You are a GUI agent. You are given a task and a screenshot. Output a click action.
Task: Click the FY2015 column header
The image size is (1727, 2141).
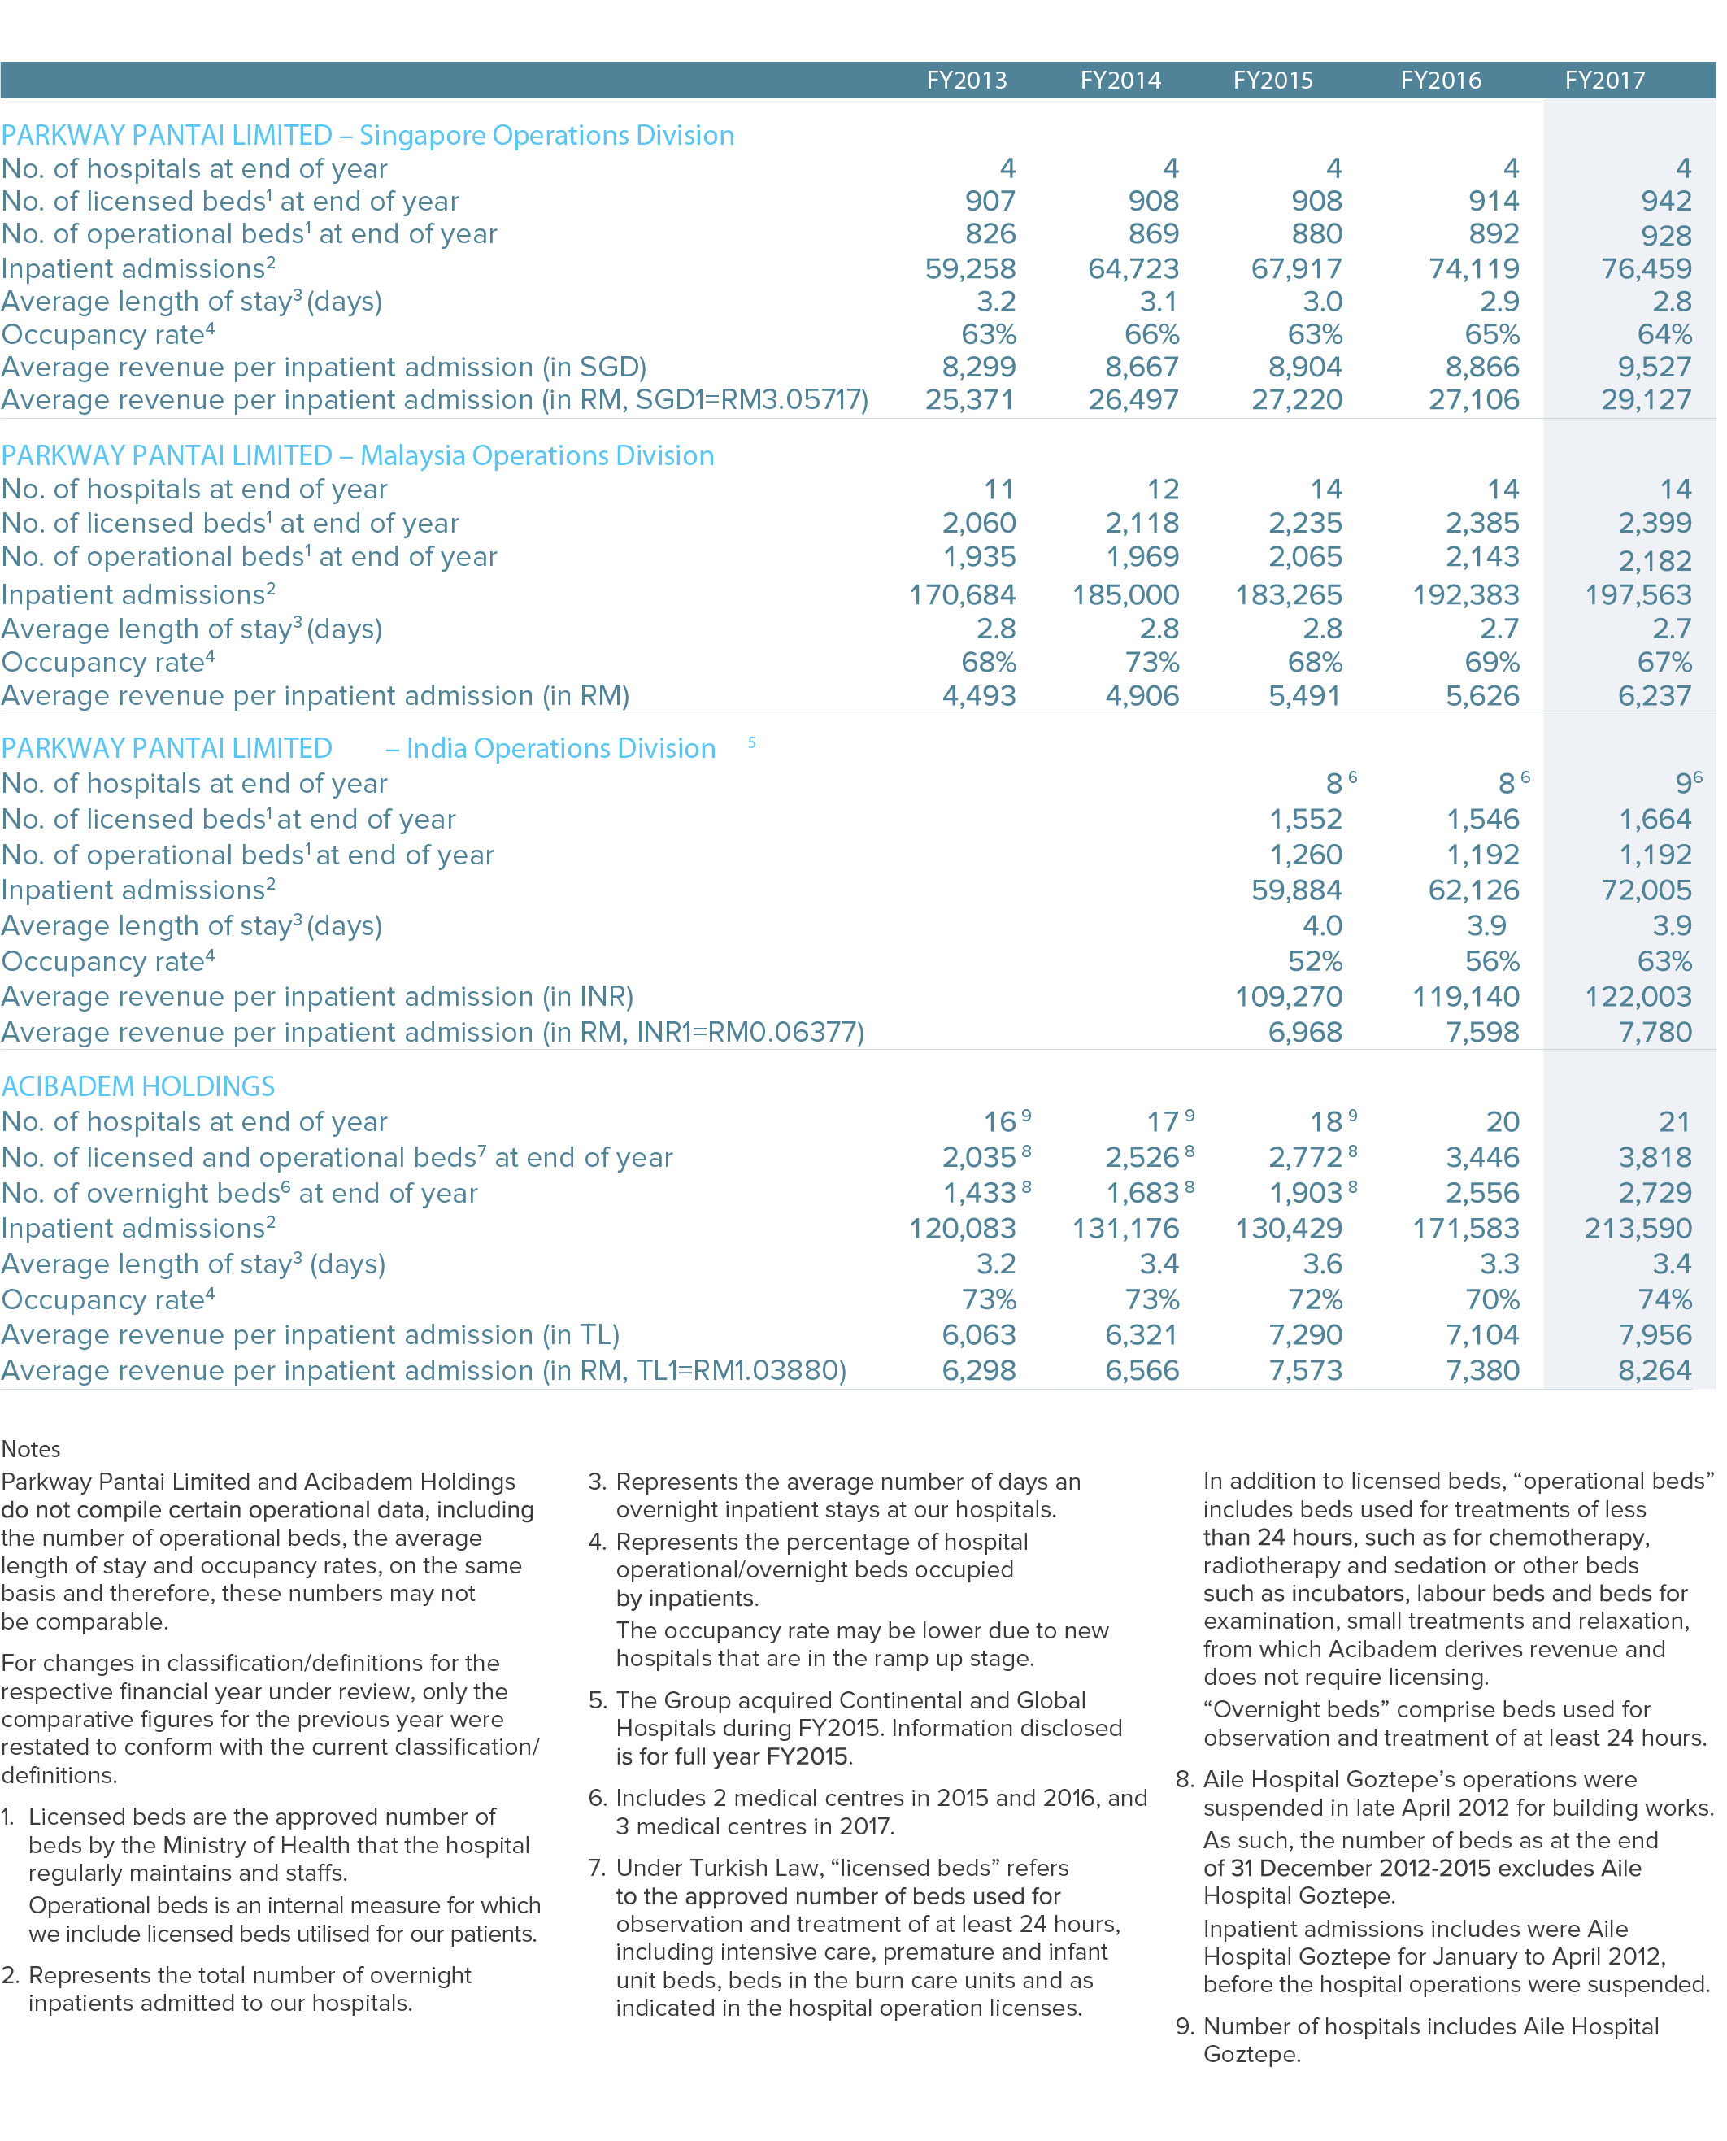pos(1272,81)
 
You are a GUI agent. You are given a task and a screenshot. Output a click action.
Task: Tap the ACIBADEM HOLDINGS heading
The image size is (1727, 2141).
pos(138,1086)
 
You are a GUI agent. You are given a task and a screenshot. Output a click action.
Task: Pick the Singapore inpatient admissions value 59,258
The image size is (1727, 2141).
pos(970,268)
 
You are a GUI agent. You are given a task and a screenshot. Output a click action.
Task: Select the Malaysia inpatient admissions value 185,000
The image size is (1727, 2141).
pos(1125,595)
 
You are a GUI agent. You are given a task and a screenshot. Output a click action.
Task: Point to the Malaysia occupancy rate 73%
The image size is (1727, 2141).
pos(1152,662)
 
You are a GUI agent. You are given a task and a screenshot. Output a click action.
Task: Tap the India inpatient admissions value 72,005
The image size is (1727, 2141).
pos(1646,890)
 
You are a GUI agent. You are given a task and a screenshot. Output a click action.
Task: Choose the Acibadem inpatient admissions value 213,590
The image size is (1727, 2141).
pos(1638,1228)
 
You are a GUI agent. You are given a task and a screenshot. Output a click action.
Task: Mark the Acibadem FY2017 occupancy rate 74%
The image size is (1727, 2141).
pos(1664,1299)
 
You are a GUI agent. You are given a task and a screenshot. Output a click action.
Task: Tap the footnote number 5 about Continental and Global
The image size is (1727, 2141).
pos(596,1700)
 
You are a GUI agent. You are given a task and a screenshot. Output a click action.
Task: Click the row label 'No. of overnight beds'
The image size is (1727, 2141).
pos(240,1193)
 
